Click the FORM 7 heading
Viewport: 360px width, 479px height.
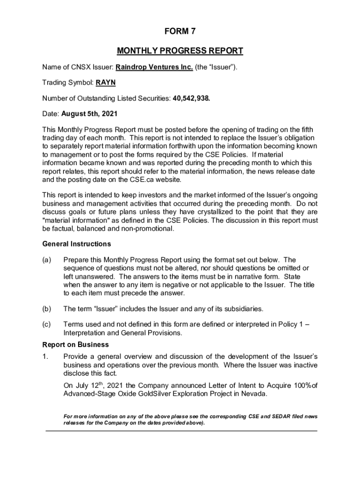tap(180, 32)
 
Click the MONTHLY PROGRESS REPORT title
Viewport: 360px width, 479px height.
tap(180, 51)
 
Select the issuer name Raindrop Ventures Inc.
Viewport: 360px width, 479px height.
tap(154, 67)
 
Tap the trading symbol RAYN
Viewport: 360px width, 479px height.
tap(106, 83)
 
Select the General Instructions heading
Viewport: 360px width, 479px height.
tap(77, 244)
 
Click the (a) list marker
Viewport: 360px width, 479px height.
tap(47, 260)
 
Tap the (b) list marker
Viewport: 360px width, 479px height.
tap(47, 309)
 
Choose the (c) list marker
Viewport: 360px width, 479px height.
tap(47, 324)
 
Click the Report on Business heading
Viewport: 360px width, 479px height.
tap(75, 345)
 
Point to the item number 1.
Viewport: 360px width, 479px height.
tap(45, 356)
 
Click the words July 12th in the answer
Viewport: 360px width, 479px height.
tap(89, 385)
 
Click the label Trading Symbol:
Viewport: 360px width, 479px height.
tap(68, 83)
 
